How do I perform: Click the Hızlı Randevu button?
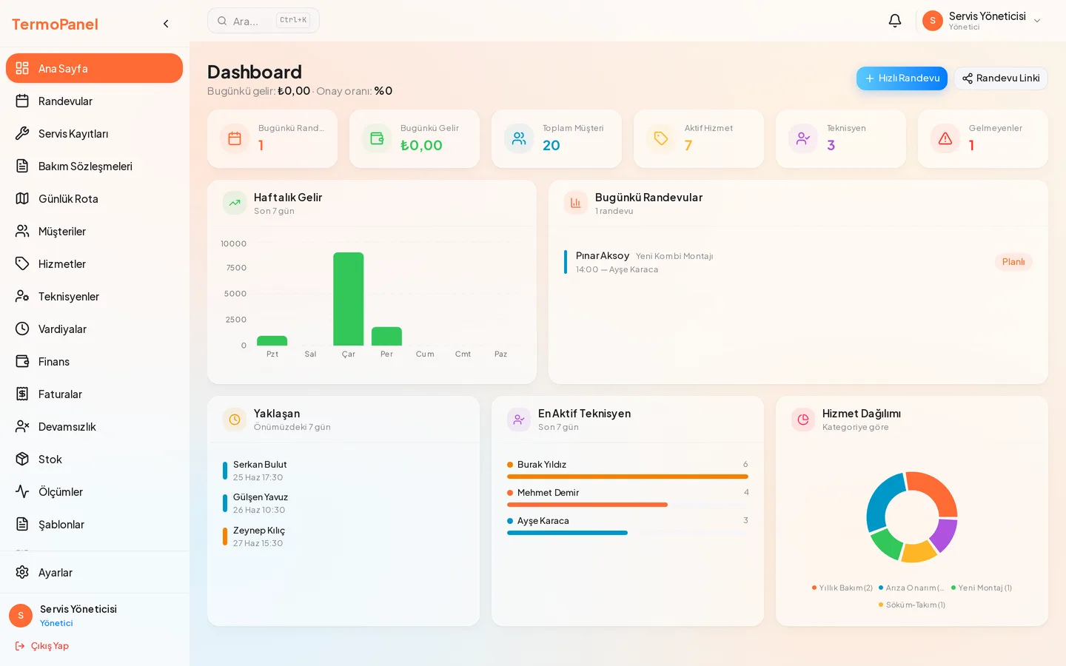coord(902,78)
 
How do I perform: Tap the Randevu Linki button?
coord(1001,78)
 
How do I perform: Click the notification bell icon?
coord(895,21)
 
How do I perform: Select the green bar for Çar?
coord(349,299)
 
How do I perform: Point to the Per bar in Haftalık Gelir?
coord(386,336)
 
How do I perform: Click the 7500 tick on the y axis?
coord(237,268)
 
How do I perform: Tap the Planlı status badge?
coord(1013,262)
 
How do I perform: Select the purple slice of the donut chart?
coord(944,535)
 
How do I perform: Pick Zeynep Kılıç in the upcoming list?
coord(259,530)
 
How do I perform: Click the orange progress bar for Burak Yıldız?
coord(628,477)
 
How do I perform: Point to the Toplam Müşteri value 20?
coord(551,145)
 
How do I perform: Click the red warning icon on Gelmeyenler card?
coord(945,138)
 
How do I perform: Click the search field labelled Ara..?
coord(264,21)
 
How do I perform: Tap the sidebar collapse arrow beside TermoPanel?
coord(166,24)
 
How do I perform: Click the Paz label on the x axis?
coord(500,354)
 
